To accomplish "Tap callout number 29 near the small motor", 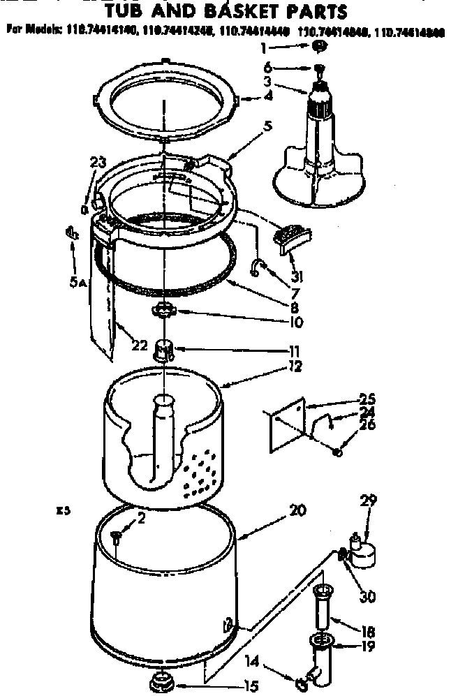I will (369, 501).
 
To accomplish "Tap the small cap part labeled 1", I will (320, 46).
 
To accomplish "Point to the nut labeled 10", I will (163, 309).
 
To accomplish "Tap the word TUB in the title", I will (124, 11).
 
